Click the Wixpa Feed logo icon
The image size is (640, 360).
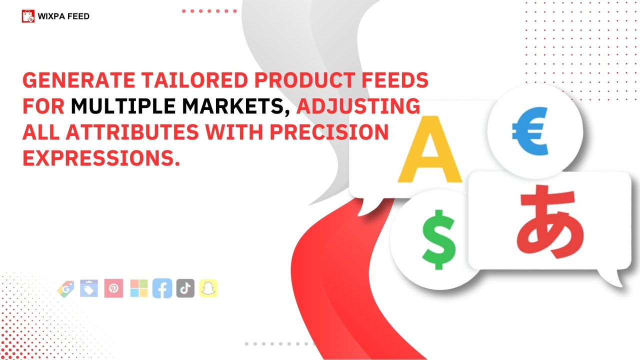tap(28, 16)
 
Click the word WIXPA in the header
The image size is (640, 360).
tap(50, 16)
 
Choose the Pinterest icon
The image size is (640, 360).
tap(113, 288)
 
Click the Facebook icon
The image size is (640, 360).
tap(162, 288)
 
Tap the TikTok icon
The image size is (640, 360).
tap(185, 288)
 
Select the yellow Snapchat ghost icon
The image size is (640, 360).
tap(208, 288)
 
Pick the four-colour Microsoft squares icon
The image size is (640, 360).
tap(139, 288)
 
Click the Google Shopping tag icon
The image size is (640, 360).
tap(65, 289)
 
